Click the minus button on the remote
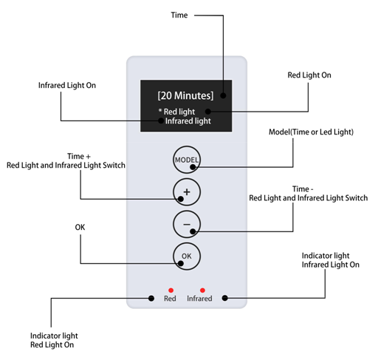[x=186, y=223]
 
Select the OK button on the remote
[x=186, y=256]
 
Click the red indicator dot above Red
[x=171, y=290]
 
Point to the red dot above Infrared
[x=202, y=290]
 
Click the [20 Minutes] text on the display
[x=185, y=95]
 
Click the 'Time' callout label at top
[x=179, y=15]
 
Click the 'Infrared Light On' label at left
[x=67, y=86]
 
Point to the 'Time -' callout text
[x=303, y=189]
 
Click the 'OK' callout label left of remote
[x=80, y=226]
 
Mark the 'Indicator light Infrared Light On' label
[x=331, y=260]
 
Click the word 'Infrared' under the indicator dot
[x=199, y=299]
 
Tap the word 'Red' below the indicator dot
[x=170, y=299]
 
